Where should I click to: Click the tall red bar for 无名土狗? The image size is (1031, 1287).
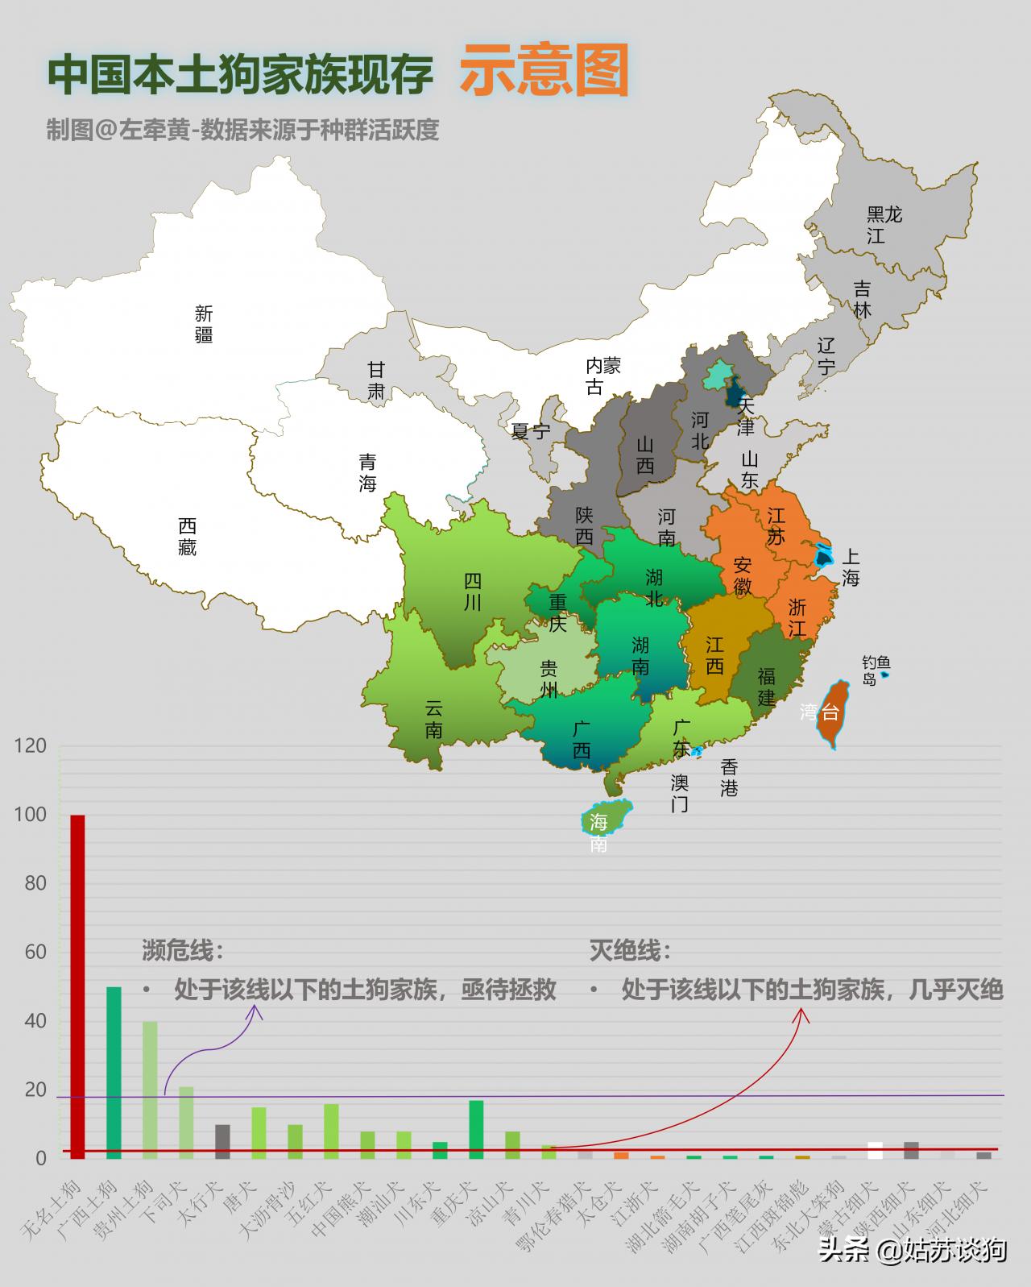pyautogui.click(x=77, y=986)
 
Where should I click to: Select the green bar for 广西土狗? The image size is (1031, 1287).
pyautogui.click(x=114, y=1072)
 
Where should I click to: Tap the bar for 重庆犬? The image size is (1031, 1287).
pyautogui.click(x=476, y=1130)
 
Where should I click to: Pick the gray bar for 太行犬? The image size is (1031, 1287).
pyautogui.click(x=222, y=1141)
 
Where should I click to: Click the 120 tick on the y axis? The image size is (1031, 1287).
pyautogui.click(x=31, y=746)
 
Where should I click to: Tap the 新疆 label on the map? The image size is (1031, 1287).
pyautogui.click(x=204, y=324)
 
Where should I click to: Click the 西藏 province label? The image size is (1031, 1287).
pyautogui.click(x=187, y=537)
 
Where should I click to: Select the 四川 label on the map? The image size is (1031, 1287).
pyautogui.click(x=473, y=592)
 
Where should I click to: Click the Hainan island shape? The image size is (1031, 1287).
pyautogui.click(x=604, y=817)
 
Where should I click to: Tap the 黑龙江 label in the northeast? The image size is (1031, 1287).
pyautogui.click(x=883, y=225)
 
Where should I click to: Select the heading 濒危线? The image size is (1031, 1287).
pyautogui.click(x=183, y=950)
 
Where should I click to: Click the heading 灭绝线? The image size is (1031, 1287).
pyautogui.click(x=630, y=950)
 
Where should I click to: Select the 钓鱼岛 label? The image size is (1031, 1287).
pyautogui.click(x=872, y=670)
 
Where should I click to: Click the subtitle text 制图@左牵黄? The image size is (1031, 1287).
pyautogui.click(x=121, y=130)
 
